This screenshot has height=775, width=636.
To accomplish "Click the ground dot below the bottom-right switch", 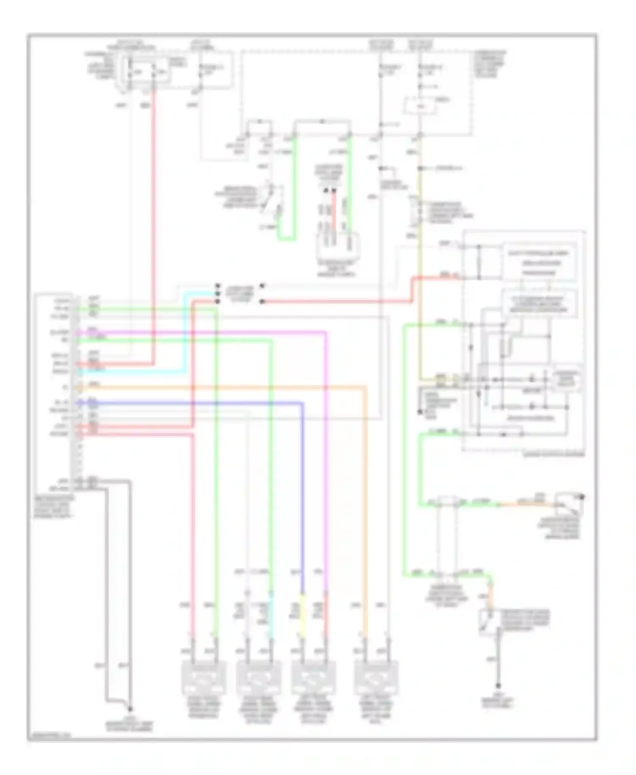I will click(498, 686).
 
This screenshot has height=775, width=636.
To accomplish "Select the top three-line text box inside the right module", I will click(538, 263).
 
